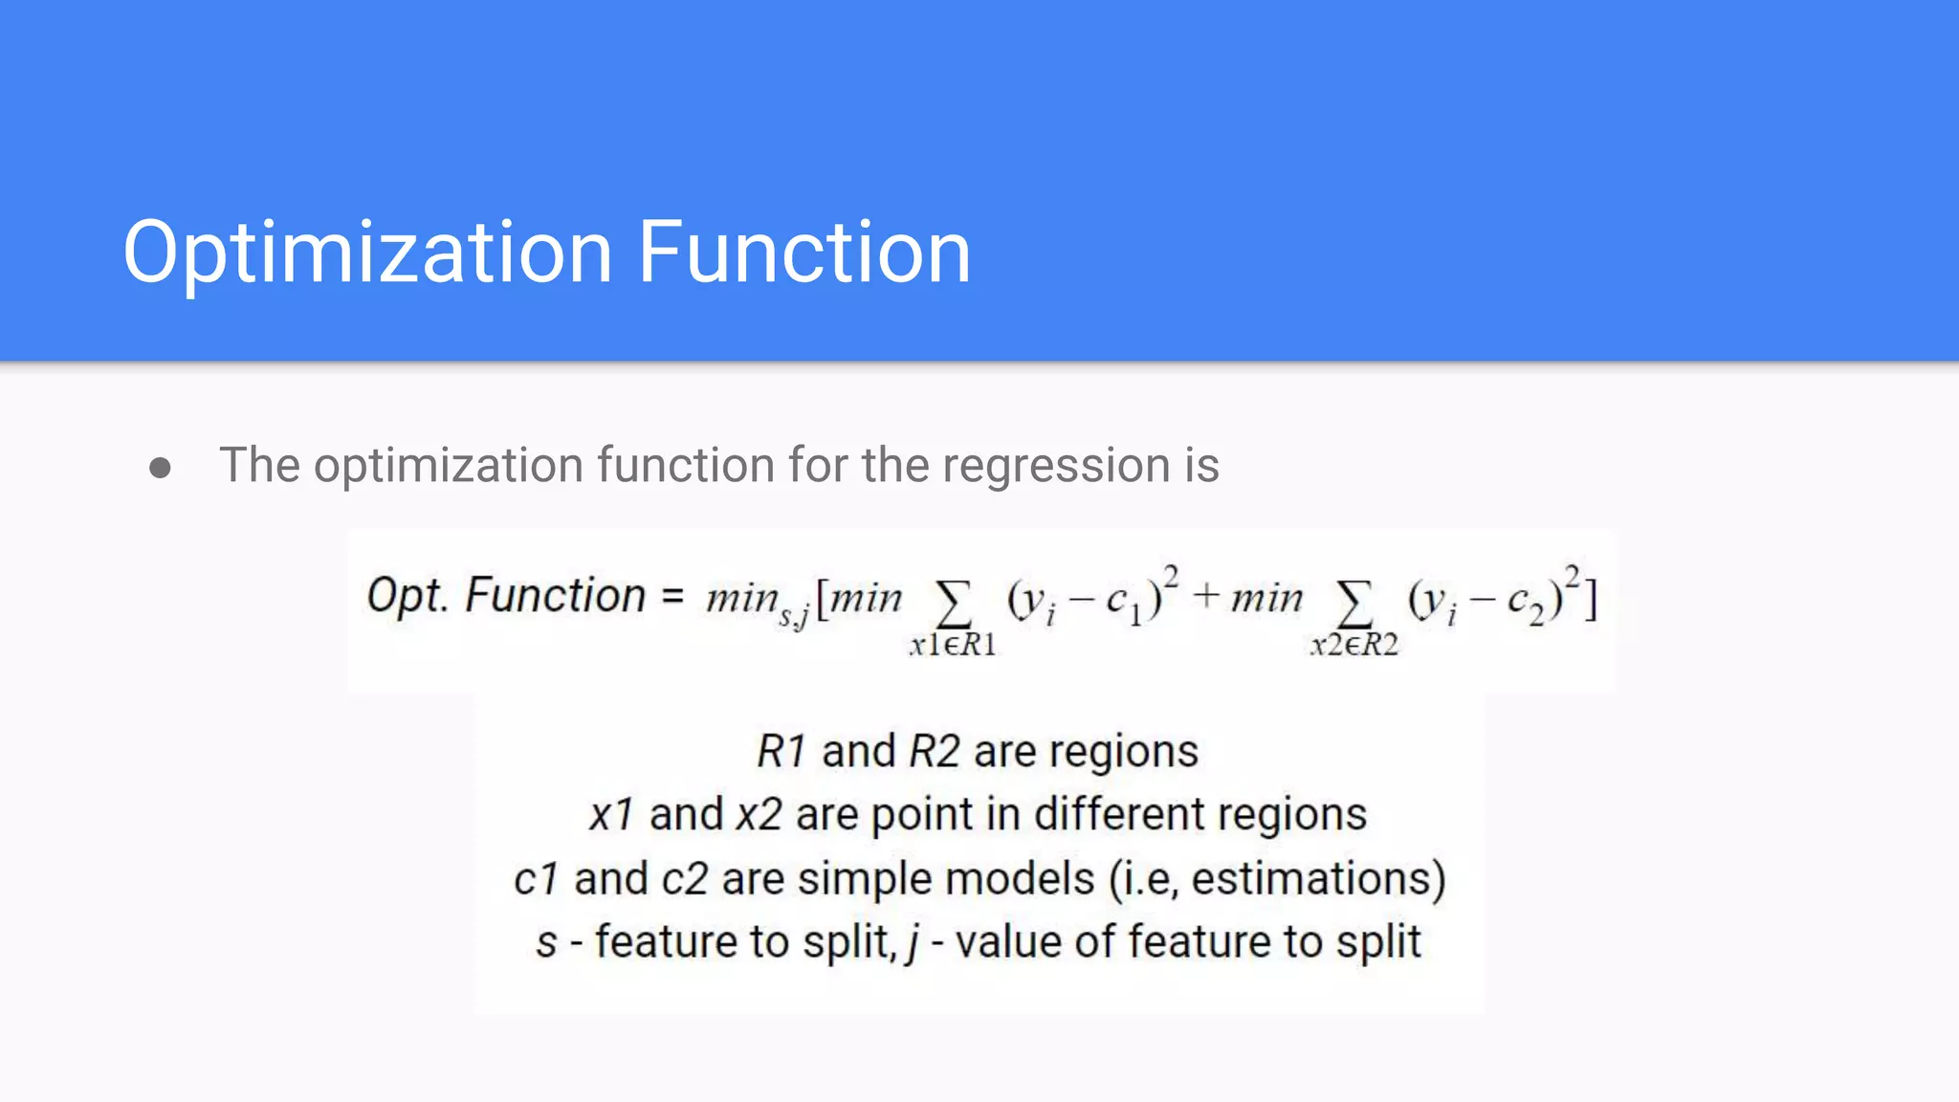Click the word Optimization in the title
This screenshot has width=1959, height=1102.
[367, 253]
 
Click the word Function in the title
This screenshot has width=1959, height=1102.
[803, 253]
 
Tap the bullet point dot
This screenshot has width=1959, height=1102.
[160, 468]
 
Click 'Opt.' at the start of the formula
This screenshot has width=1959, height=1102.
[407, 595]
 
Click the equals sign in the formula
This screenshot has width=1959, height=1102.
[672, 597]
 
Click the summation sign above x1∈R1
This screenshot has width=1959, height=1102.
[953, 603]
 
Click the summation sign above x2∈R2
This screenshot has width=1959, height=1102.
[1354, 603]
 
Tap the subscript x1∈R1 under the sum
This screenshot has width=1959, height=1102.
[953, 646]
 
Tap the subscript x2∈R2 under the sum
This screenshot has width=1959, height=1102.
[1354, 646]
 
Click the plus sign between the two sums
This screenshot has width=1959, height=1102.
[1206, 597]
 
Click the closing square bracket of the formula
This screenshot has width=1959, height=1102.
[1591, 600]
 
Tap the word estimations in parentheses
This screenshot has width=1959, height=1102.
[1310, 878]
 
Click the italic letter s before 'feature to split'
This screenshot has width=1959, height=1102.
[546, 943]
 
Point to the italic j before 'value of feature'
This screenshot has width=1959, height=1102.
[913, 943]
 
